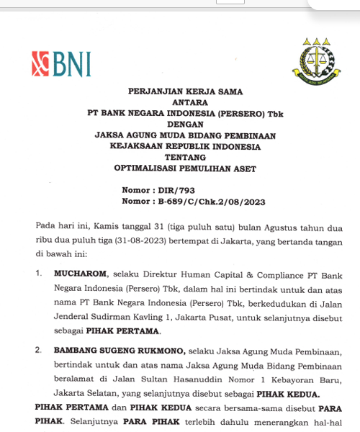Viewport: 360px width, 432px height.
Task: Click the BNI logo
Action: pos(61,64)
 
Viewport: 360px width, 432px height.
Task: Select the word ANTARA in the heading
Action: pos(185,102)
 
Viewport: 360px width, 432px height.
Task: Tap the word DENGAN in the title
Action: pos(185,124)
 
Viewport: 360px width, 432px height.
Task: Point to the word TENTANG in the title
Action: pos(185,156)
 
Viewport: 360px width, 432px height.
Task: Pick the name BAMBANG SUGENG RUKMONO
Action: pos(120,351)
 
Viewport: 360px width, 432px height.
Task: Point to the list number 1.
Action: pos(39,274)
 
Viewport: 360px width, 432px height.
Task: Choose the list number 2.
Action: pos(39,351)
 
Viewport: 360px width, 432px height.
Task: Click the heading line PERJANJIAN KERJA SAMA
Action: pos(185,91)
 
